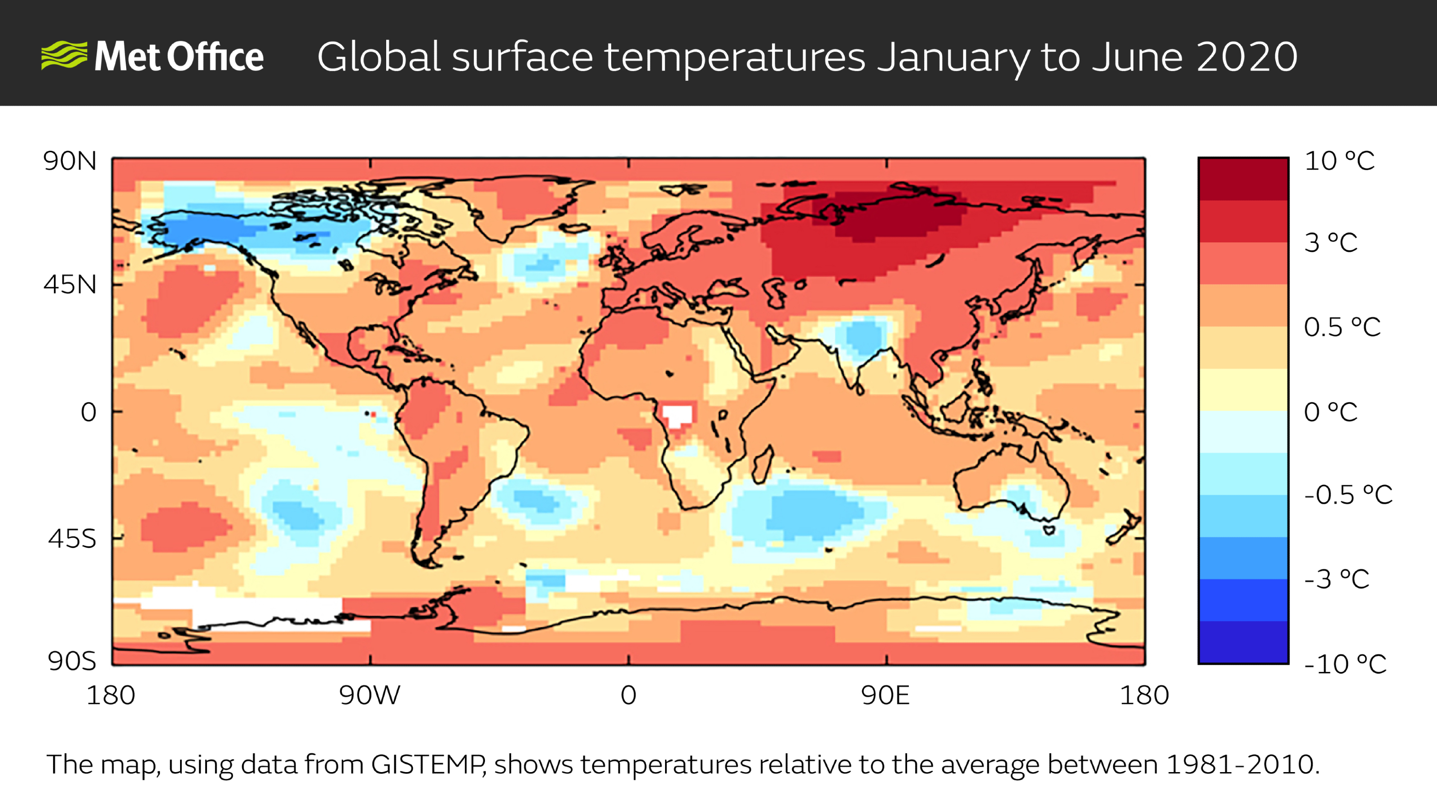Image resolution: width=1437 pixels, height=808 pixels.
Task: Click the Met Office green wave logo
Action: (x=64, y=55)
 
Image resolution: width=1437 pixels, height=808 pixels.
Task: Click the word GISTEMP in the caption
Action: (x=428, y=764)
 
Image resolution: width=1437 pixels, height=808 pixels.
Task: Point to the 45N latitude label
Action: (x=70, y=285)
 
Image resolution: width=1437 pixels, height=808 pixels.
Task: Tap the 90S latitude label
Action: (x=72, y=661)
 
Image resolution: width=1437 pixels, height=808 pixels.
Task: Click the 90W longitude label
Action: (x=369, y=695)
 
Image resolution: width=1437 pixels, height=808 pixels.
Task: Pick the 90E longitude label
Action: (x=885, y=695)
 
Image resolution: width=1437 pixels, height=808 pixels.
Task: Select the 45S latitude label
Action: (x=72, y=539)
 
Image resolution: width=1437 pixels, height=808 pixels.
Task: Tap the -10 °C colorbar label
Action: (x=1345, y=664)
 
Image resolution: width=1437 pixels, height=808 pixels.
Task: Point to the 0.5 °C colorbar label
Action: (x=1342, y=327)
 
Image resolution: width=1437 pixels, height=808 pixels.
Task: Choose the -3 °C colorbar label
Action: (x=1336, y=580)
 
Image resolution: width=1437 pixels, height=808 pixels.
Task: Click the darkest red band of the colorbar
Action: (x=1243, y=179)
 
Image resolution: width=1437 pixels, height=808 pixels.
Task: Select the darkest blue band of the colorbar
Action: (x=1243, y=642)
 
